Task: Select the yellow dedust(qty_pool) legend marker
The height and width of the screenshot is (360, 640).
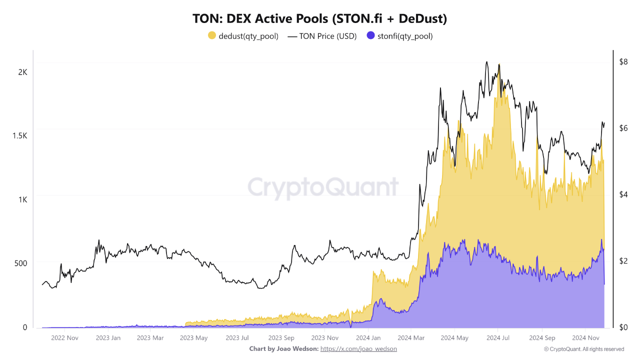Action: tap(212, 35)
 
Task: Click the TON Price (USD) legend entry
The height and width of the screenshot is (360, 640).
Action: tap(322, 36)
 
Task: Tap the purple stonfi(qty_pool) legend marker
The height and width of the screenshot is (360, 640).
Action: tap(370, 35)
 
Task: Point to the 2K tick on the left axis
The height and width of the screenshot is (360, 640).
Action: tap(22, 72)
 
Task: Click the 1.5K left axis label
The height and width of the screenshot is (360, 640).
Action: tap(19, 136)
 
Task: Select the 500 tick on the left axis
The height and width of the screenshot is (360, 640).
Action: tap(20, 263)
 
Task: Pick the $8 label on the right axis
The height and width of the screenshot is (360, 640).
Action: tap(623, 62)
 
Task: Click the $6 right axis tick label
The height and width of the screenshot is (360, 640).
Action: tap(623, 128)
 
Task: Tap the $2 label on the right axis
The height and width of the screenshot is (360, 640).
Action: tap(623, 261)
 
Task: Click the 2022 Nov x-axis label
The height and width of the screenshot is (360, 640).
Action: tap(65, 338)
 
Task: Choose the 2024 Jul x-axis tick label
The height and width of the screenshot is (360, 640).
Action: tap(498, 338)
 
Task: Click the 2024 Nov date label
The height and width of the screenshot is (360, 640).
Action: tap(585, 338)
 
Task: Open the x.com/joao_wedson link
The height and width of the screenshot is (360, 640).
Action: tap(358, 348)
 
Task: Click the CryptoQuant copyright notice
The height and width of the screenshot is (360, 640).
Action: tap(583, 349)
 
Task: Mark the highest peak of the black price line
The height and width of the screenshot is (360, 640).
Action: tap(486, 62)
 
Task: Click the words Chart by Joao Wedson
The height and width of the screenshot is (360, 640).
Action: tap(283, 348)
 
